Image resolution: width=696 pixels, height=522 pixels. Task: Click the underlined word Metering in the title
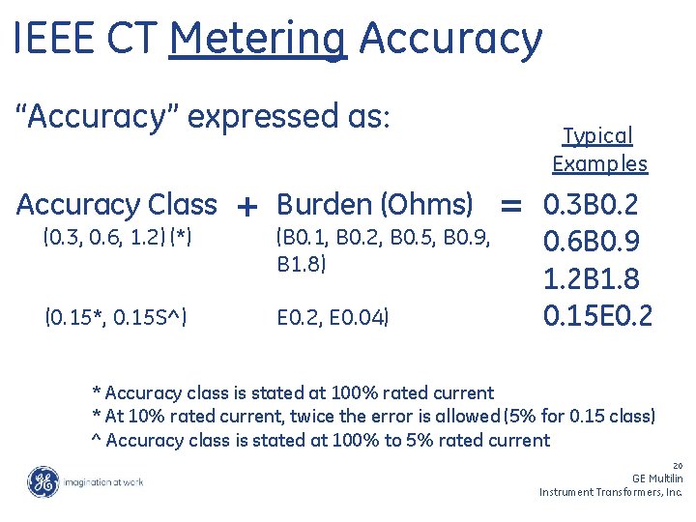[x=256, y=39]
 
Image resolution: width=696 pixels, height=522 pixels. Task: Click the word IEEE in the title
[x=54, y=39]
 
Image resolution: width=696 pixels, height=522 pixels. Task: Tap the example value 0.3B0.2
[x=592, y=204]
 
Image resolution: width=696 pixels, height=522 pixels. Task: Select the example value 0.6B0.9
[x=592, y=241]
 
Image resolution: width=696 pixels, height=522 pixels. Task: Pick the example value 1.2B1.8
[x=592, y=278]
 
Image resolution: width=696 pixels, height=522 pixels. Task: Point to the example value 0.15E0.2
[x=597, y=315]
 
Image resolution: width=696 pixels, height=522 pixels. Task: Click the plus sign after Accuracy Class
[x=246, y=206]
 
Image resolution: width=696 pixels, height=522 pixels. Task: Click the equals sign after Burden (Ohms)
[x=510, y=205]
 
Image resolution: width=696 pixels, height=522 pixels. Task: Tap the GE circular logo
[x=43, y=481]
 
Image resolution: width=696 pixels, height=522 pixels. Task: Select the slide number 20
[x=677, y=465]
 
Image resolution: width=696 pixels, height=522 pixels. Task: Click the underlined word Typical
[x=597, y=136]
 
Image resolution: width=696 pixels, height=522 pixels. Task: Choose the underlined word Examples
[x=599, y=163]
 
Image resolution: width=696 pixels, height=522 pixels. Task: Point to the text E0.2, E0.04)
[x=333, y=315]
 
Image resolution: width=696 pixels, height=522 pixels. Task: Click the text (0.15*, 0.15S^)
[x=116, y=315]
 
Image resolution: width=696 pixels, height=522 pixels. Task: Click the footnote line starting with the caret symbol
[x=320, y=441]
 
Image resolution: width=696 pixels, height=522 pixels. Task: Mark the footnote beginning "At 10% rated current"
[x=373, y=417]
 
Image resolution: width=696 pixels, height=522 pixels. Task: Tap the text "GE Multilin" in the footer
[x=656, y=478]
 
